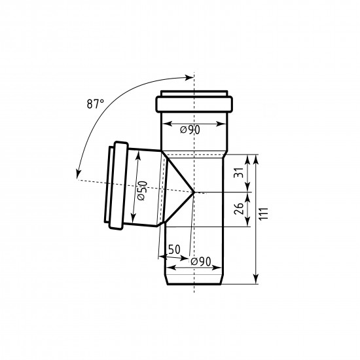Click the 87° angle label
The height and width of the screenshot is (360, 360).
tap(96, 104)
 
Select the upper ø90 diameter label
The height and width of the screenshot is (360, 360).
tap(190, 130)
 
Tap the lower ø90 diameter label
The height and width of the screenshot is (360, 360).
tap(201, 262)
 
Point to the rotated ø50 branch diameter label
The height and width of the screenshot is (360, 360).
tap(142, 190)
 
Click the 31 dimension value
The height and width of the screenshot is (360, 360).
tap(238, 172)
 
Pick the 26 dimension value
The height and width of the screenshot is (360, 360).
tap(239, 208)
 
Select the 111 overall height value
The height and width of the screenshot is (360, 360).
tap(264, 214)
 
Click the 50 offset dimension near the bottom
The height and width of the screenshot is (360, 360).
tap(175, 249)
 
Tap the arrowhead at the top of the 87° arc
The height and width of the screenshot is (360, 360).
tap(190, 77)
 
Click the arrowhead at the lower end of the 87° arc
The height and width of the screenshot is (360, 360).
tap(79, 174)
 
